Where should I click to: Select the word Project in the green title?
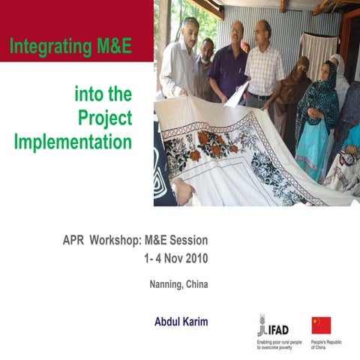point(105,118)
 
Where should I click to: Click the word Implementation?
point(73,141)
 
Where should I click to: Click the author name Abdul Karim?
point(181,321)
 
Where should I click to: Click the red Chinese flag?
point(321,325)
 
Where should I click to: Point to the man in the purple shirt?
point(228,64)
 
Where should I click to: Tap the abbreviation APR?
point(73,241)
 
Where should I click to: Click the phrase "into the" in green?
point(103,94)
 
